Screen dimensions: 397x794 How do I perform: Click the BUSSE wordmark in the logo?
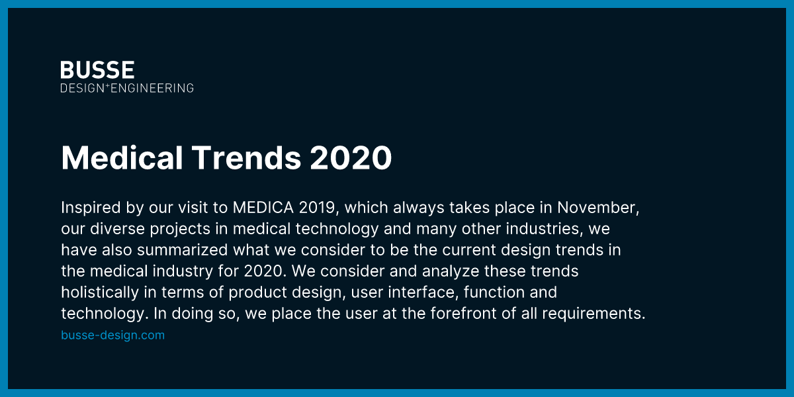(97, 69)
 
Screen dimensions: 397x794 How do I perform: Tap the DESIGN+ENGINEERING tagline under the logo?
(127, 88)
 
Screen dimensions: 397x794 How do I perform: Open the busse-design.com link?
(112, 335)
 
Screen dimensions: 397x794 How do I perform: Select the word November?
(597, 208)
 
